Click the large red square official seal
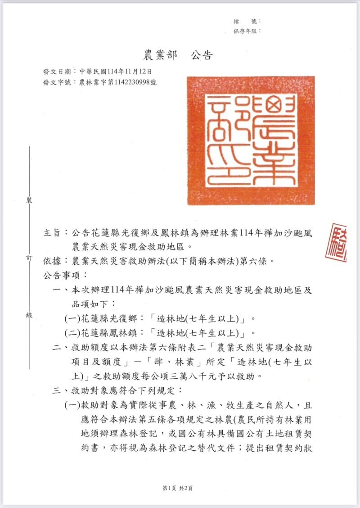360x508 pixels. [251, 140]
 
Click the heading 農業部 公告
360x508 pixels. [178, 55]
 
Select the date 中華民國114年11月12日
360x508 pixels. [116, 72]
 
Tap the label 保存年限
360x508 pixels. [245, 31]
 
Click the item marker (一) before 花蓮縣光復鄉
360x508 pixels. [72, 319]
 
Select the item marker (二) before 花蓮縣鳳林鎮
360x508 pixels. [72, 333]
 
